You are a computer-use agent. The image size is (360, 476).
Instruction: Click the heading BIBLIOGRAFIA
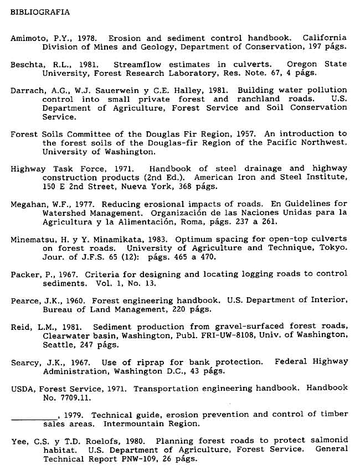(40, 12)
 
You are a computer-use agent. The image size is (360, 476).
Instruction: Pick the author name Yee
(18, 441)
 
